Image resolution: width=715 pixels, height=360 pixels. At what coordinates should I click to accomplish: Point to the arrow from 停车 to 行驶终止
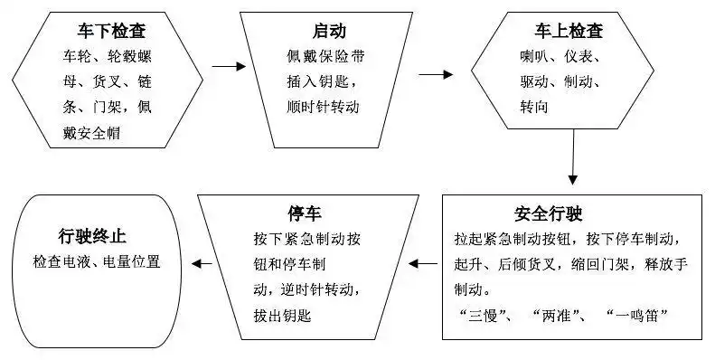coord(201,265)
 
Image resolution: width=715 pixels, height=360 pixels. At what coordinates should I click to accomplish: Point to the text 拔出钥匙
coord(283,316)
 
